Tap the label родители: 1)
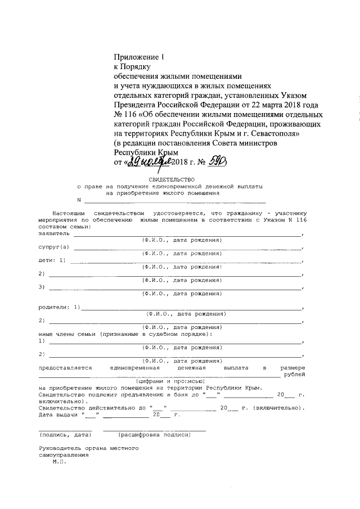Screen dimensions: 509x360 coord(60,307)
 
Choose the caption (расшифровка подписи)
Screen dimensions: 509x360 coord(155,435)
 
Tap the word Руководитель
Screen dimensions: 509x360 coord(58,448)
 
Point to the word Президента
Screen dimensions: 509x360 coord(137,105)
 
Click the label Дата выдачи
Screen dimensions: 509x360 coord(59,415)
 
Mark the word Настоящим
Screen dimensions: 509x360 coord(69,214)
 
